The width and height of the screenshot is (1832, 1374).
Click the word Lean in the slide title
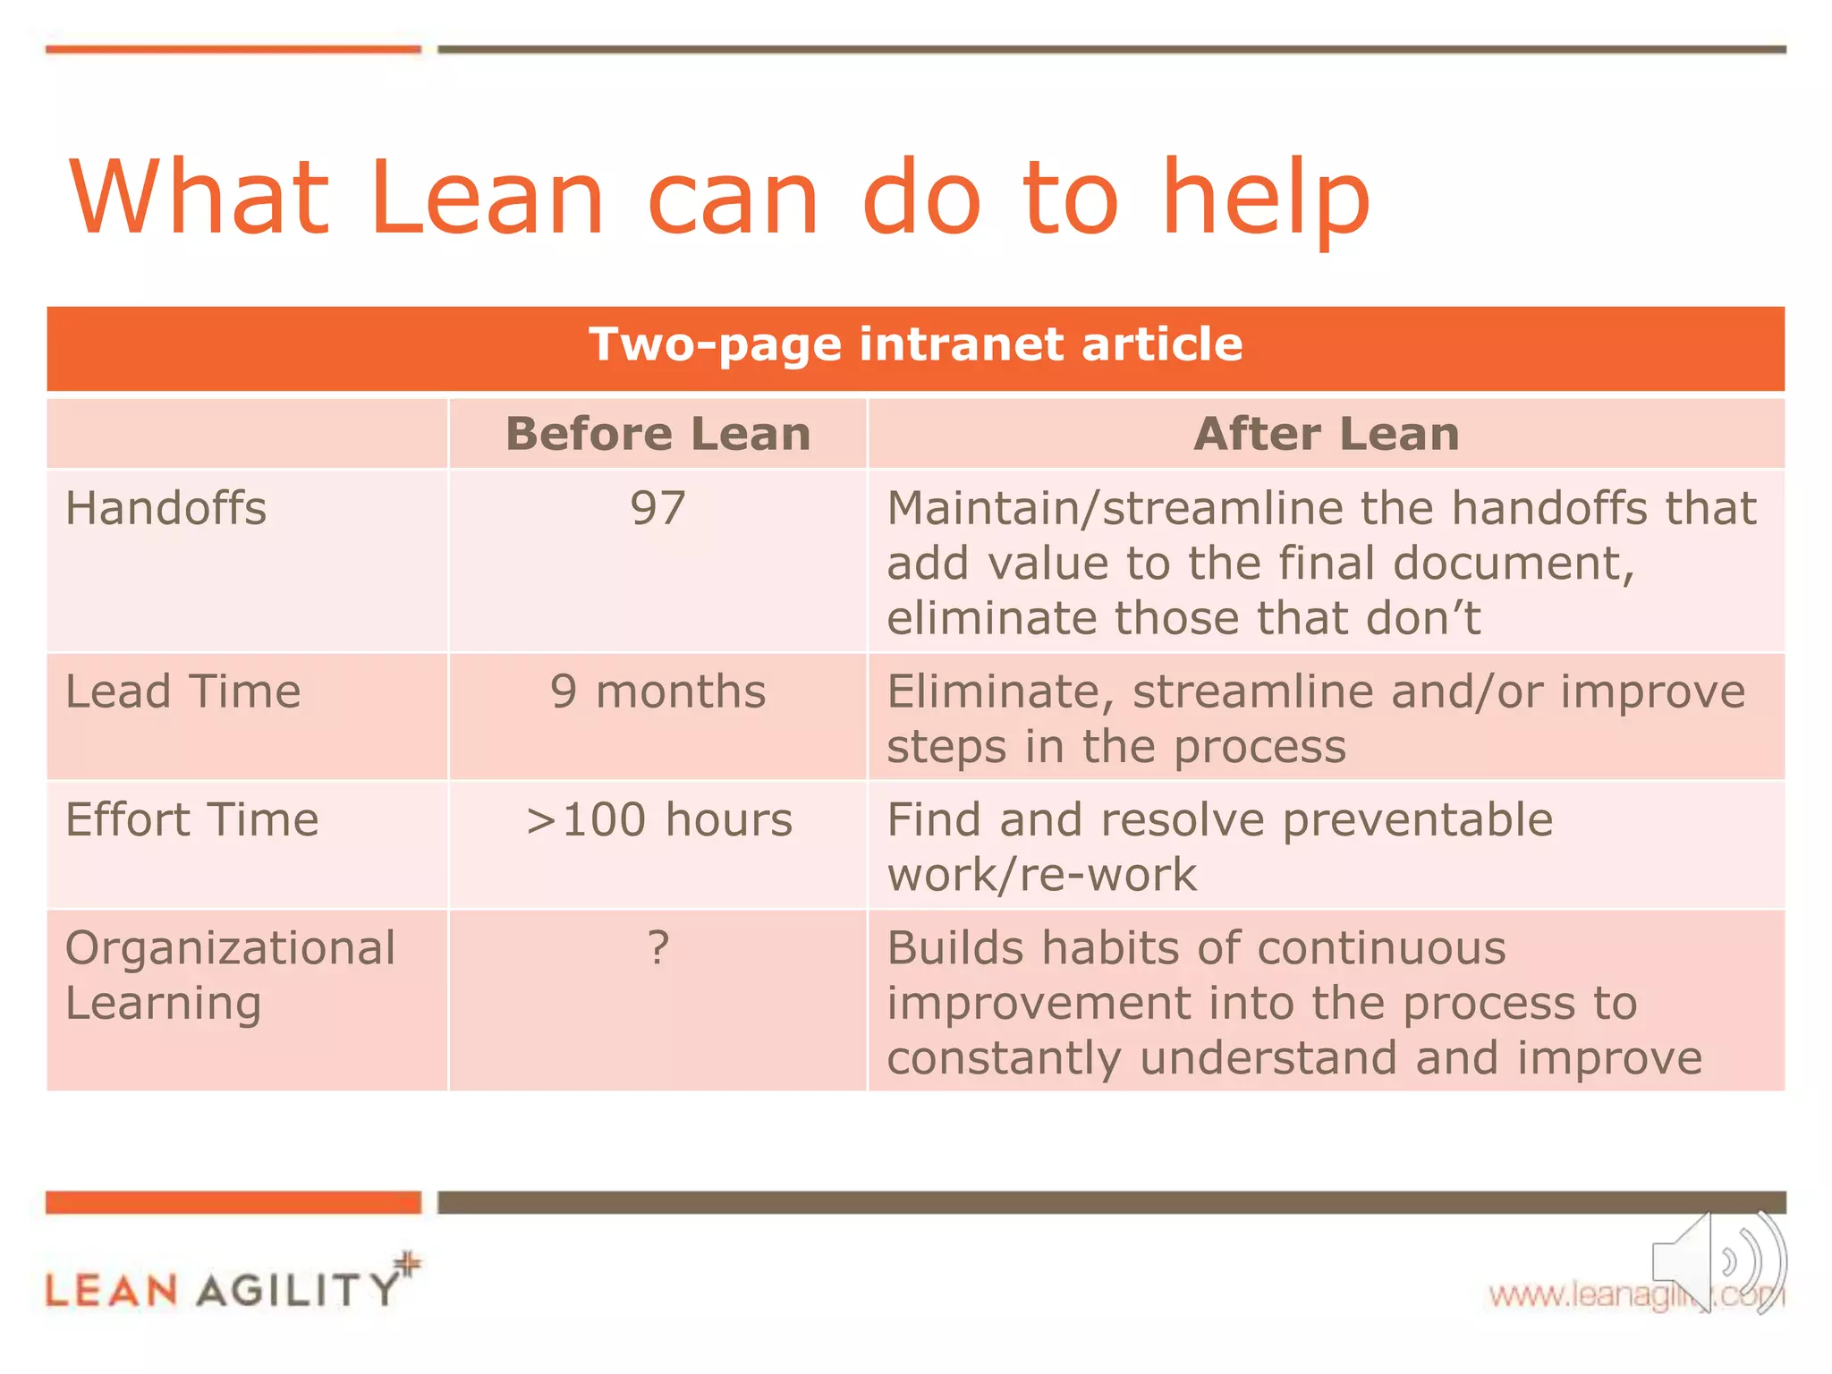[x=486, y=198]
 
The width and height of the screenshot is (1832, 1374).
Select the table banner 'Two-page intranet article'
[x=915, y=345]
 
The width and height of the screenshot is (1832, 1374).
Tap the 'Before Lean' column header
[x=657, y=435]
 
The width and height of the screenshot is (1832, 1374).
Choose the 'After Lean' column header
[x=1326, y=435]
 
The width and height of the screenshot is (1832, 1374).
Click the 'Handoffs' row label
[x=166, y=509]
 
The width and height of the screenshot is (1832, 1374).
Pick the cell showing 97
[x=657, y=509]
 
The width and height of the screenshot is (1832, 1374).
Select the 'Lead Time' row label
[x=182, y=692]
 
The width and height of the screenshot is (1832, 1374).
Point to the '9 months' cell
[x=657, y=692]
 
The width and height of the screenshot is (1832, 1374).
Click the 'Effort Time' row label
[x=191, y=820]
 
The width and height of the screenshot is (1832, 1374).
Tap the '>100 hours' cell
[x=657, y=820]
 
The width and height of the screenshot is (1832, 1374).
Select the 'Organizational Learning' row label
[x=229, y=975]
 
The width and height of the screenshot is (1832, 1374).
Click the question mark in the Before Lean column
[x=657, y=948]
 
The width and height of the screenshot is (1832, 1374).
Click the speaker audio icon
[x=1717, y=1261]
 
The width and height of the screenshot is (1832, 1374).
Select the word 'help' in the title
[x=1265, y=198]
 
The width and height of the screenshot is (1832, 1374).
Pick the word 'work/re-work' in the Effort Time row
[x=1041, y=875]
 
